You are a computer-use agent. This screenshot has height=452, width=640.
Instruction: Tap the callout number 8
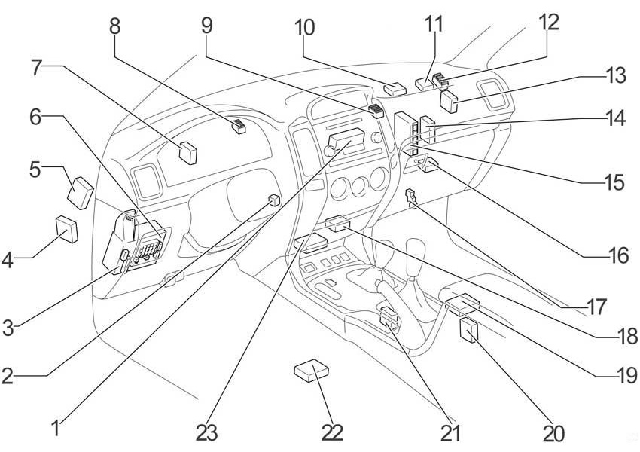point(115,26)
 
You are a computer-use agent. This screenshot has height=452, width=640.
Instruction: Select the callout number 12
point(548,22)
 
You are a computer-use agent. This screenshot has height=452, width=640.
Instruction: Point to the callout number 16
point(617,255)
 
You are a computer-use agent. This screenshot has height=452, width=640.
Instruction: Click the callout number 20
point(553,433)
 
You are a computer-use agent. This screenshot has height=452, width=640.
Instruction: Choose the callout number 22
point(332,433)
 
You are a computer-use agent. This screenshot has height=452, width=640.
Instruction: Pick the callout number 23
point(206,433)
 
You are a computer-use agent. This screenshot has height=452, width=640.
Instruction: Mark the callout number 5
point(35,169)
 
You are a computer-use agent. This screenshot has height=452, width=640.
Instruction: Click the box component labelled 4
point(67,229)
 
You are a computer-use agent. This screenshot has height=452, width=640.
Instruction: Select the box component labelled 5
point(81,193)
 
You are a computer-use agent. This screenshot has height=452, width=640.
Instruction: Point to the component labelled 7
point(188,153)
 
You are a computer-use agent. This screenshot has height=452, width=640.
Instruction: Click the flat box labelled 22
point(312,371)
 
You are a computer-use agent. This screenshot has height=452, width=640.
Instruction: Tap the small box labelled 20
point(469,331)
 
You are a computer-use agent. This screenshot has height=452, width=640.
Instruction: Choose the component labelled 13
point(449,102)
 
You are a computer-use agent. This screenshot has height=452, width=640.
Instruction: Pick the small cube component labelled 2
point(274,200)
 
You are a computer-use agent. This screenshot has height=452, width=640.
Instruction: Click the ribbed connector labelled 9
point(376,111)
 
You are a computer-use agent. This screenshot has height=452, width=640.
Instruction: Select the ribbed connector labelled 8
point(239,126)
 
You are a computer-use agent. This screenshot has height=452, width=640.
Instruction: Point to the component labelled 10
point(395,89)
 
